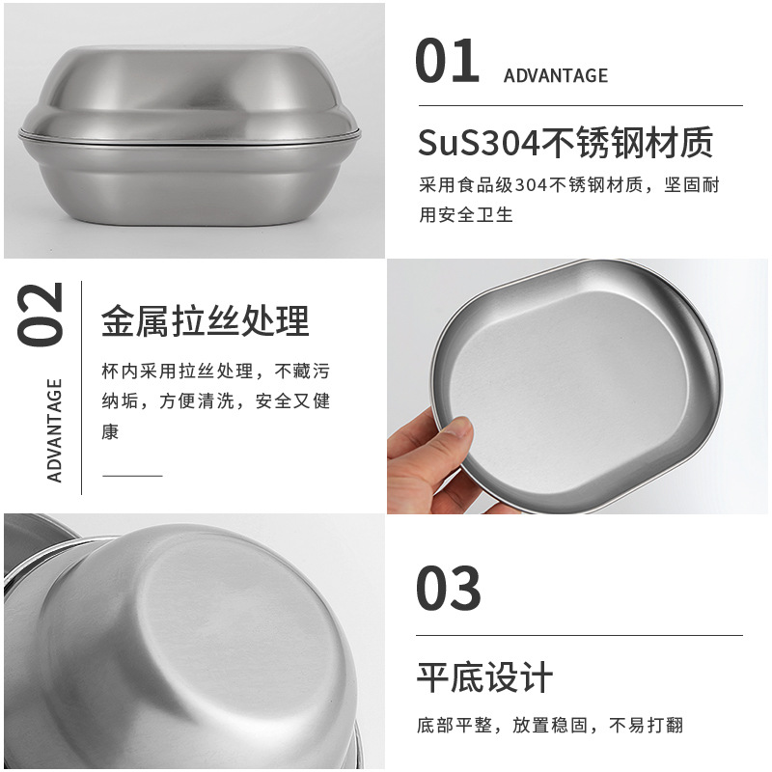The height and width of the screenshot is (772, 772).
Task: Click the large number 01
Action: pyautogui.click(x=447, y=61)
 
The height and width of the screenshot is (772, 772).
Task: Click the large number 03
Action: pyautogui.click(x=448, y=588)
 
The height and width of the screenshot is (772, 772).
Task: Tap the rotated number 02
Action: pyautogui.click(x=40, y=315)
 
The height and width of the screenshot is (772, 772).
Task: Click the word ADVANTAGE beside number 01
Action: pyautogui.click(x=556, y=76)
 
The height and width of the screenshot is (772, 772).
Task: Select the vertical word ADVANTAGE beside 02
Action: pyautogui.click(x=54, y=430)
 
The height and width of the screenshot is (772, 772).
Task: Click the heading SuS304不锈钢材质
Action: pyautogui.click(x=565, y=142)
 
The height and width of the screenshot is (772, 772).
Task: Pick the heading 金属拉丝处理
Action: pyautogui.click(x=206, y=321)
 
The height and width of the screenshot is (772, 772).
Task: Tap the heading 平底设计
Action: pyautogui.click(x=485, y=677)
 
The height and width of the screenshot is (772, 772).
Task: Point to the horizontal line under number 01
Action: pyautogui.click(x=581, y=105)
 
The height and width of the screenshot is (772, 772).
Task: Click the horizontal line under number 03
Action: pyautogui.click(x=580, y=635)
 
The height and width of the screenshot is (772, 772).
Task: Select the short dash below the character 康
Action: pyautogui.click(x=132, y=476)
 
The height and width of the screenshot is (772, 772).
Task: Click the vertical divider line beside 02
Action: pyautogui.click(x=81, y=388)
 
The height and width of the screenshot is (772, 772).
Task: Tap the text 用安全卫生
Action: pyautogui.click(x=466, y=214)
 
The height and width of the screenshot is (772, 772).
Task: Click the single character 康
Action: pyautogui.click(x=110, y=431)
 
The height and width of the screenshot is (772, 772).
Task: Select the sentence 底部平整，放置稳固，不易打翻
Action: pyautogui.click(x=550, y=726)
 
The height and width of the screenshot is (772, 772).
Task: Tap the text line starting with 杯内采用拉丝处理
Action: pyautogui.click(x=215, y=372)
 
